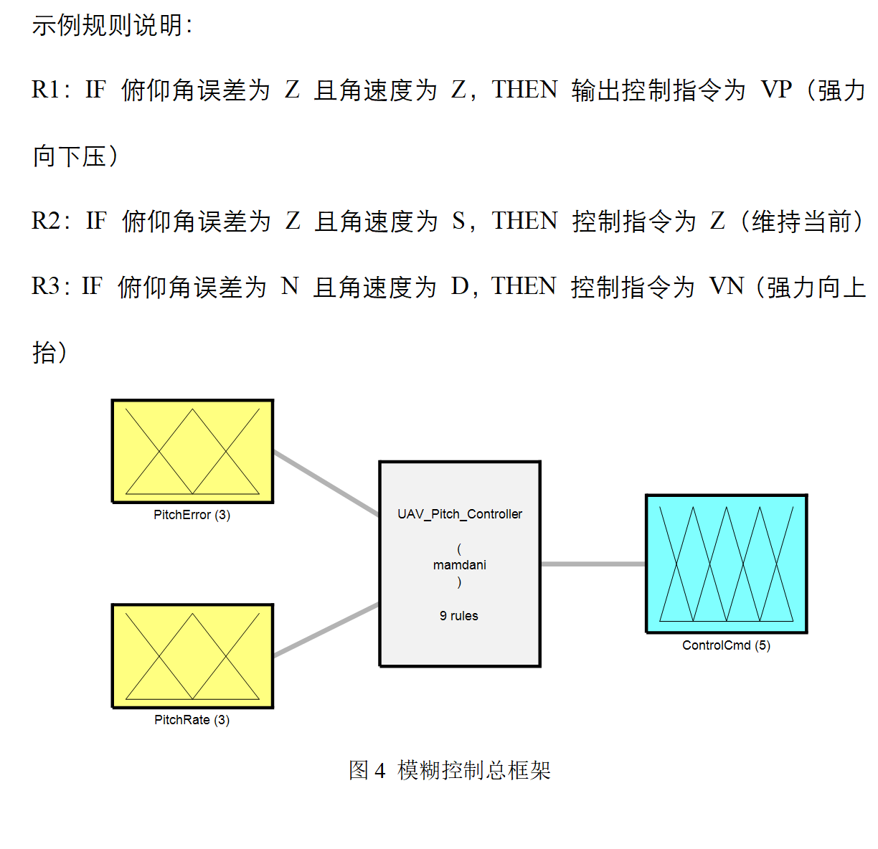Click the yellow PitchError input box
coord(192,451)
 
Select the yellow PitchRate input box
coord(192,655)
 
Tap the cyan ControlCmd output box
coord(726,564)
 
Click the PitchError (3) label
coord(192,515)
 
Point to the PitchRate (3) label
coord(192,720)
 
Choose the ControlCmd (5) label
coord(726,645)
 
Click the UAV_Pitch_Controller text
coord(460,514)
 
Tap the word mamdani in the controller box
coord(460,565)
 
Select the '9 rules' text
coord(459,616)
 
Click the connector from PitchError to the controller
coord(326,483)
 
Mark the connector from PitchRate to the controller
coord(326,630)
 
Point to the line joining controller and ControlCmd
coord(593,564)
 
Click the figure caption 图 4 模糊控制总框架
coord(450,770)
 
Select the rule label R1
coord(46,90)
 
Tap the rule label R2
coord(46,222)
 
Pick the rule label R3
coord(46,287)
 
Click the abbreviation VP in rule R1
coord(776,90)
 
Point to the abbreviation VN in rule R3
coord(726,287)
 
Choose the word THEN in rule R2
coord(524,222)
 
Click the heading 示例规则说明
coord(108,26)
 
